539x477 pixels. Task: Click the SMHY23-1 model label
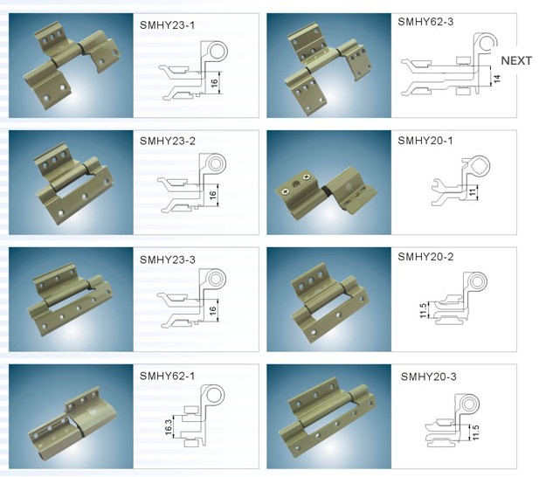coord(167,25)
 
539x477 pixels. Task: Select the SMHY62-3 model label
coord(425,22)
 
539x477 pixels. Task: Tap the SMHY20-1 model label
coord(425,141)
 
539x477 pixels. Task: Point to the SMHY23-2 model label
coord(168,141)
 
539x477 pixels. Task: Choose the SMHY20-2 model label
coord(425,257)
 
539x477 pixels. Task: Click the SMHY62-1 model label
coord(167,376)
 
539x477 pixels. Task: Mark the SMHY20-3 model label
coord(429,377)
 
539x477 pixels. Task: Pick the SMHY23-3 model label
coord(168,259)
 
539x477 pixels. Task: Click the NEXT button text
coord(516,61)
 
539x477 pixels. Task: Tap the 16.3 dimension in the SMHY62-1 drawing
coord(169,427)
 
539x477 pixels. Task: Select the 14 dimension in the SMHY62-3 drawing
coord(497,79)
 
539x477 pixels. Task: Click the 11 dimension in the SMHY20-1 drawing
coord(473,192)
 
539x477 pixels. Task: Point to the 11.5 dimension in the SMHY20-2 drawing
coord(423,310)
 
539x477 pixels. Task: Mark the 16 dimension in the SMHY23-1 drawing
coord(214,82)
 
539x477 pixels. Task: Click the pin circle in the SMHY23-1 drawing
coord(218,52)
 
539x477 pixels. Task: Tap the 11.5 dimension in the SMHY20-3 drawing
coord(476,432)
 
